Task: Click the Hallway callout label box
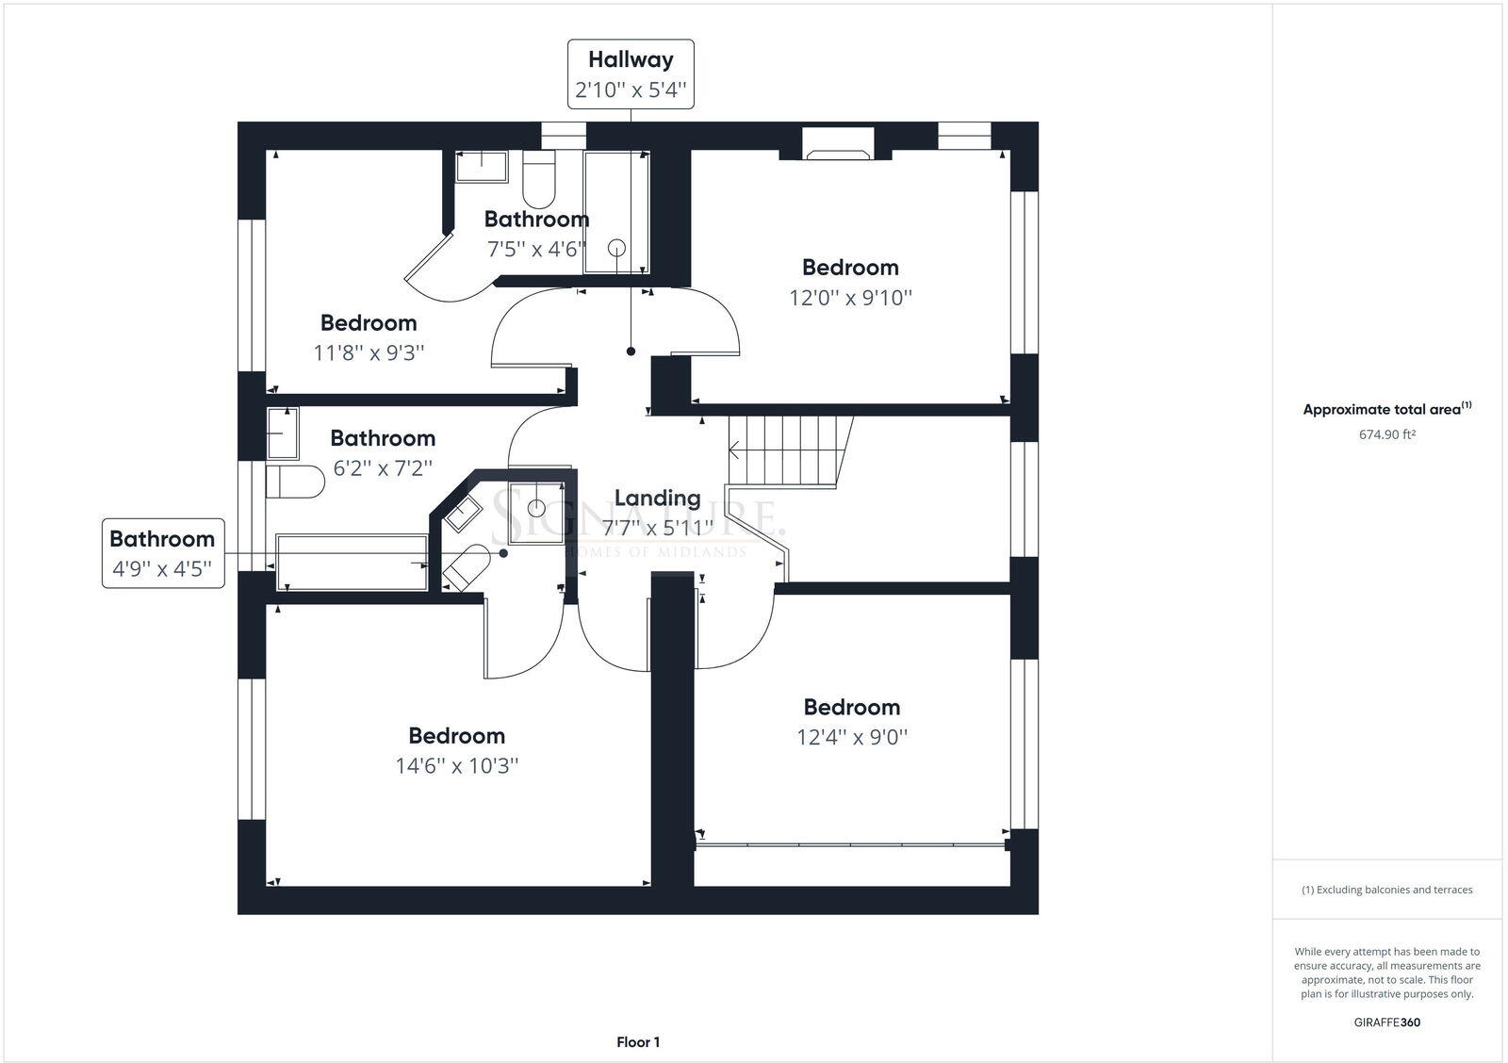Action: click(630, 74)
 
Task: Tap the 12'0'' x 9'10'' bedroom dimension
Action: click(850, 298)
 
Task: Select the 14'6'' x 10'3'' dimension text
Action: click(457, 765)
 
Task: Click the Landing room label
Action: click(657, 498)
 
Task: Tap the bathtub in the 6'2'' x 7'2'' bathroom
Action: click(351, 562)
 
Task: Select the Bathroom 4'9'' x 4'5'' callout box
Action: click(163, 553)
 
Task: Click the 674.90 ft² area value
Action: click(1386, 434)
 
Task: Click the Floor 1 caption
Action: click(638, 1042)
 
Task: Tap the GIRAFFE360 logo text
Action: click(1386, 1022)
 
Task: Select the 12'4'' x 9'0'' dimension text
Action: click(851, 737)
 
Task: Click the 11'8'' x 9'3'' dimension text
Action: click(369, 352)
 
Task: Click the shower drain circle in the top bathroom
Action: click(616, 248)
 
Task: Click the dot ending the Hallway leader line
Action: click(631, 352)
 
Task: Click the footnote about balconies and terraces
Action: click(1386, 890)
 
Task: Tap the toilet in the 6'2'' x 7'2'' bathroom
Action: click(294, 482)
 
